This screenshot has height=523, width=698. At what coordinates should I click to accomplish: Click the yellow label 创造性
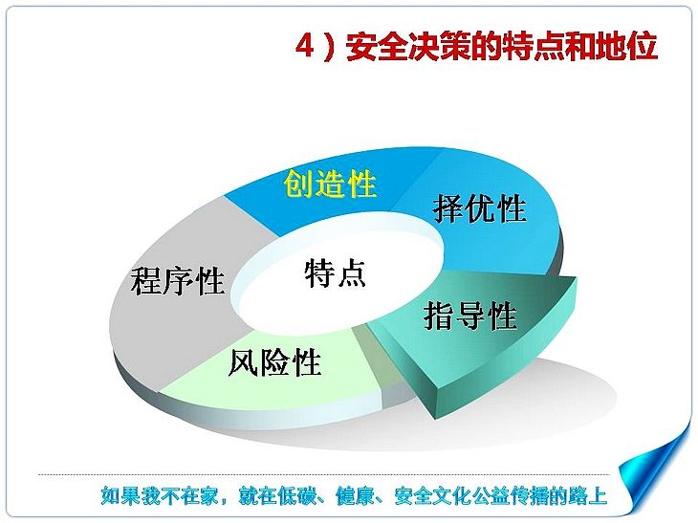[x=330, y=184]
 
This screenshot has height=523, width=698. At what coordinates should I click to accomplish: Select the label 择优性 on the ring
[x=479, y=207]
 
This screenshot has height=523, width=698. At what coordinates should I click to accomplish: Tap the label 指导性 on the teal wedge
[x=470, y=316]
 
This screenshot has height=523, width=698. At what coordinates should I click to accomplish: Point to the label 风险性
[x=274, y=361]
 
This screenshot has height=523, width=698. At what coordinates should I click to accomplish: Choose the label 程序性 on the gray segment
[x=177, y=280]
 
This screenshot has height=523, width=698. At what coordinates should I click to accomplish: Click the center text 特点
[x=335, y=272]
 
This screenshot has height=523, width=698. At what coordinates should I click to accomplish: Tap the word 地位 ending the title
[x=627, y=46]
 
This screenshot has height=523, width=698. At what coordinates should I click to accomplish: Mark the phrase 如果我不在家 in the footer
[x=159, y=496]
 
